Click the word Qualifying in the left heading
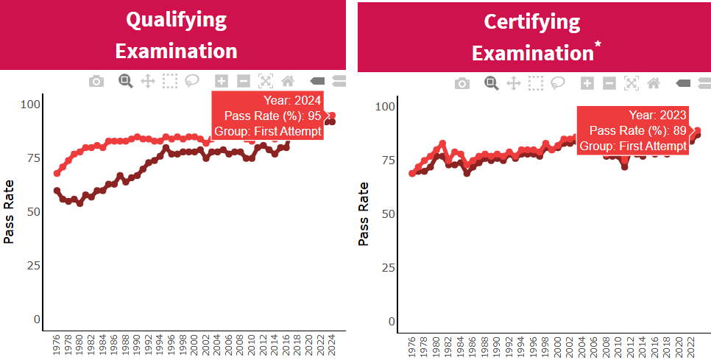pyautogui.click(x=176, y=20)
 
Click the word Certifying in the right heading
pyautogui.click(x=532, y=22)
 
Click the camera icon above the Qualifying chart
pyautogui.click(x=96, y=81)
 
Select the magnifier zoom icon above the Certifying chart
pyautogui.click(x=491, y=83)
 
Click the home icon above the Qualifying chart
pyautogui.click(x=287, y=81)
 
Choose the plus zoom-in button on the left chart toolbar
pyautogui.click(x=221, y=81)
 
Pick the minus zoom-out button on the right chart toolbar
pyautogui.click(x=609, y=83)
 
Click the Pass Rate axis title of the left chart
pyautogui.click(x=10, y=211)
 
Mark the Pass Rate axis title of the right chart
pyautogui.click(x=364, y=213)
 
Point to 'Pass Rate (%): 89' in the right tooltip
pyautogui.click(x=638, y=131)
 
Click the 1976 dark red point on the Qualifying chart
pyautogui.click(x=57, y=191)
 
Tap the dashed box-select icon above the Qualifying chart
pyautogui.click(x=170, y=81)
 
